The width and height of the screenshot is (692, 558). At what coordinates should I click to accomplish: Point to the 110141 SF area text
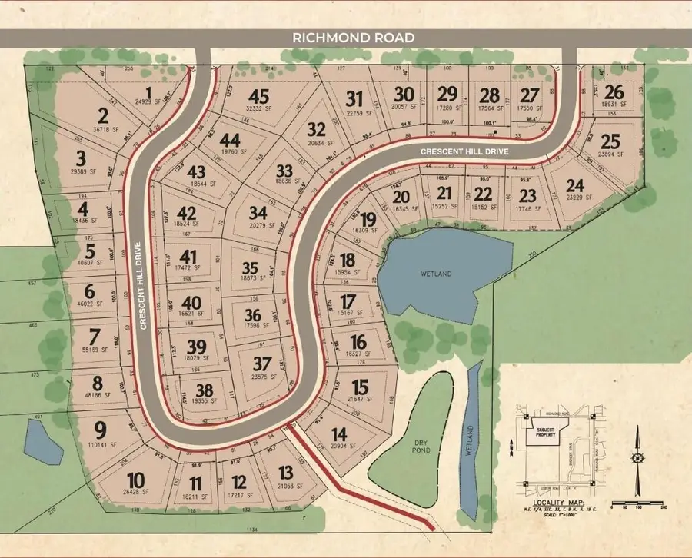pos(100,445)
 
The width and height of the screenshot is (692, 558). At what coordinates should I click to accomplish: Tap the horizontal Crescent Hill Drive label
pos(464,152)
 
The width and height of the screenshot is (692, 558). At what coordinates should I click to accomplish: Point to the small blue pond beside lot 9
pos(43,441)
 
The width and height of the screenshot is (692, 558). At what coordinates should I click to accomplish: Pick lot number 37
pos(262,363)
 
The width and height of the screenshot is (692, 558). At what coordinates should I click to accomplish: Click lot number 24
pos(574,185)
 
